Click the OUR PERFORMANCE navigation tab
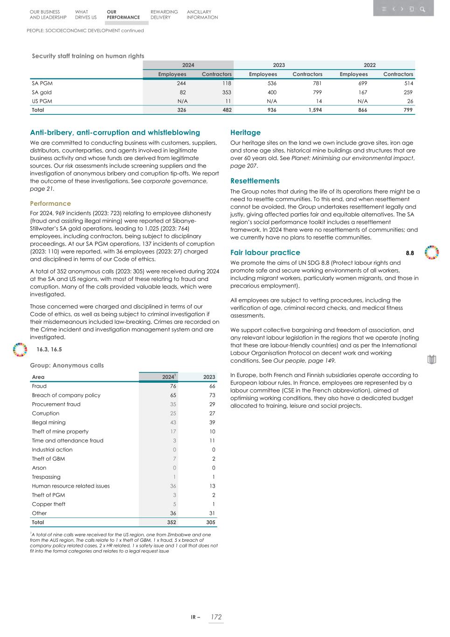123,14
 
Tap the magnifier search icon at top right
422,9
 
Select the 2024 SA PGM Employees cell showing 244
181,84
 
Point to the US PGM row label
42,101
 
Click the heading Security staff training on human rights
88,56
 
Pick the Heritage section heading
245,133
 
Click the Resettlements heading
255,181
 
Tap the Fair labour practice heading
265,252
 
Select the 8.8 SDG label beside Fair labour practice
409,253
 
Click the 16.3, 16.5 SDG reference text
49,350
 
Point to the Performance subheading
50,203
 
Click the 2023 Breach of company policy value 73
212,395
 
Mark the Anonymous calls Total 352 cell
172,523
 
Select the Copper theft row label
48,504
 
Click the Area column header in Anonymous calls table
38,377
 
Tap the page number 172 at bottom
215,617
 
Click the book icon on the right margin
431,359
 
